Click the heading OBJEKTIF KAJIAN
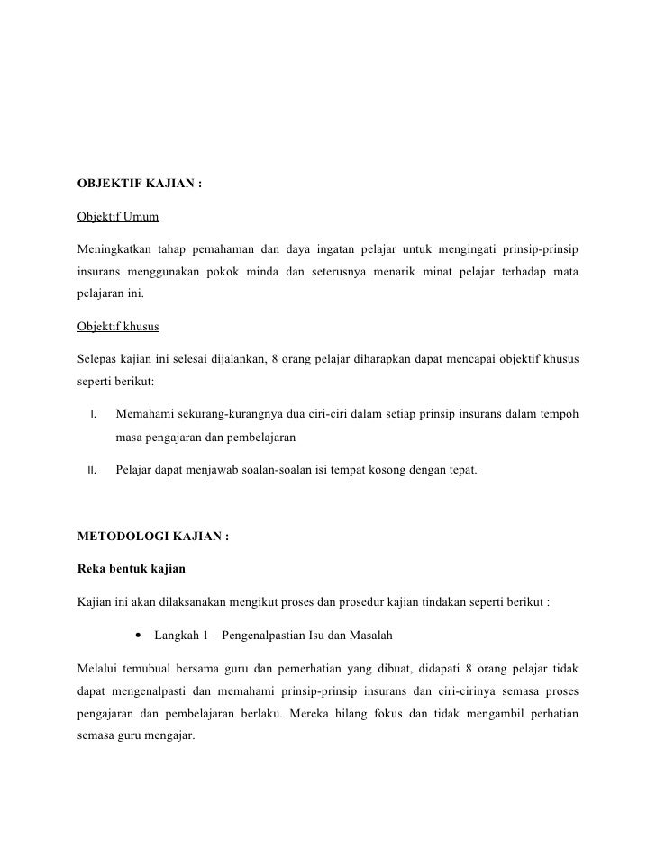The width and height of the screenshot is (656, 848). (x=140, y=186)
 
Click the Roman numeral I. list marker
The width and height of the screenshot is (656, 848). (x=93, y=415)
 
